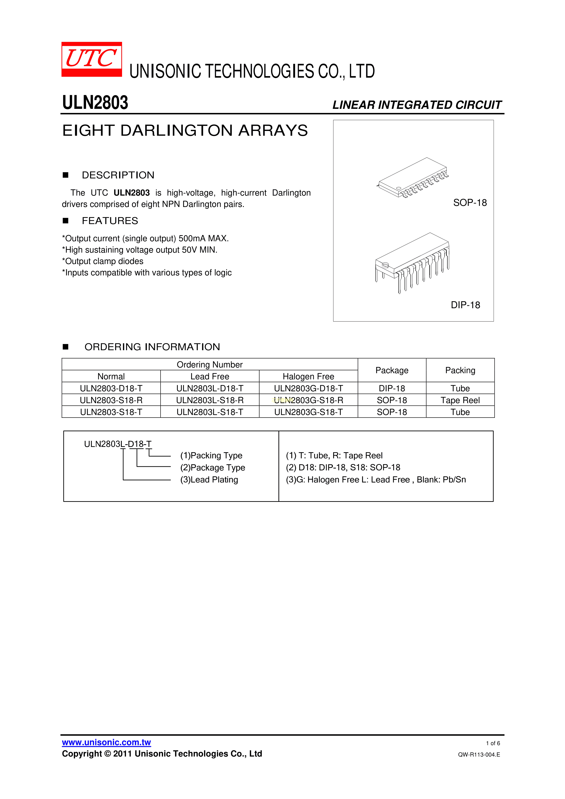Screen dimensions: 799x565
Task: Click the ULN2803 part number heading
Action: coord(95,103)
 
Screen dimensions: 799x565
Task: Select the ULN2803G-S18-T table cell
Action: coord(308,412)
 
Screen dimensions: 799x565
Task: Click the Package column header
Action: coord(392,370)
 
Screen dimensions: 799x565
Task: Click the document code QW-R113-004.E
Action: coord(479,754)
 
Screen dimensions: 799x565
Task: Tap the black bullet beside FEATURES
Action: coord(65,221)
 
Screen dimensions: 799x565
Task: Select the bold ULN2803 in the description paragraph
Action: coord(132,193)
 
